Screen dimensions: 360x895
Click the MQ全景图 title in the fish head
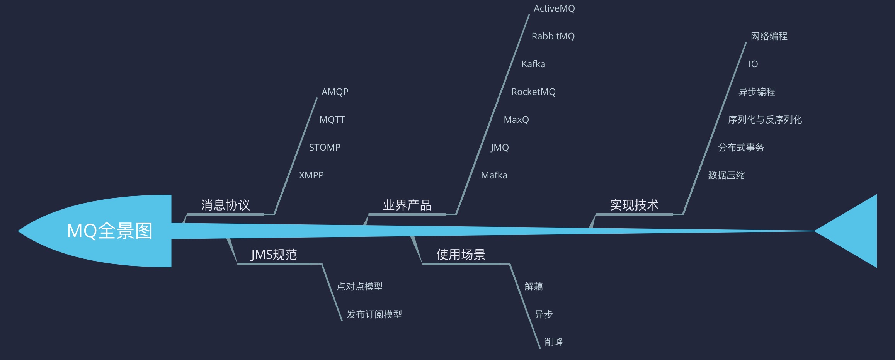pos(110,231)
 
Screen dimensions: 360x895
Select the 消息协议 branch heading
pos(225,205)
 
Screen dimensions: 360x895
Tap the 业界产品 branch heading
pos(407,205)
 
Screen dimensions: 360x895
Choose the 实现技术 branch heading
pos(634,205)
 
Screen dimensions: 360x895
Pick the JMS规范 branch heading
pos(274,255)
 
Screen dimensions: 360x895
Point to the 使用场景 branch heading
pos(461,255)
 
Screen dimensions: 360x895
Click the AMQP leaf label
pos(335,92)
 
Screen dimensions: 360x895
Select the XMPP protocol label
pos(311,175)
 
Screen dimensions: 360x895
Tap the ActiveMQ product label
pos(554,8)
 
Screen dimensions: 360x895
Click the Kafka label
pos(533,64)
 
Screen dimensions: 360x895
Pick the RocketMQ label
pos(533,92)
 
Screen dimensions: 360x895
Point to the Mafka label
pos(494,175)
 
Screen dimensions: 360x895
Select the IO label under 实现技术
pos(753,64)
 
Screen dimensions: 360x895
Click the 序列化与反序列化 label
pos(765,120)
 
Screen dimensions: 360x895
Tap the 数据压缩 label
pos(726,175)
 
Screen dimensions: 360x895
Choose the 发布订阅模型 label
pos(374,314)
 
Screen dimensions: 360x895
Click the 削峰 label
pos(553,342)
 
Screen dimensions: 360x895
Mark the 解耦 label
pos(533,287)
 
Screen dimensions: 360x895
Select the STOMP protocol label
pos(325,148)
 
